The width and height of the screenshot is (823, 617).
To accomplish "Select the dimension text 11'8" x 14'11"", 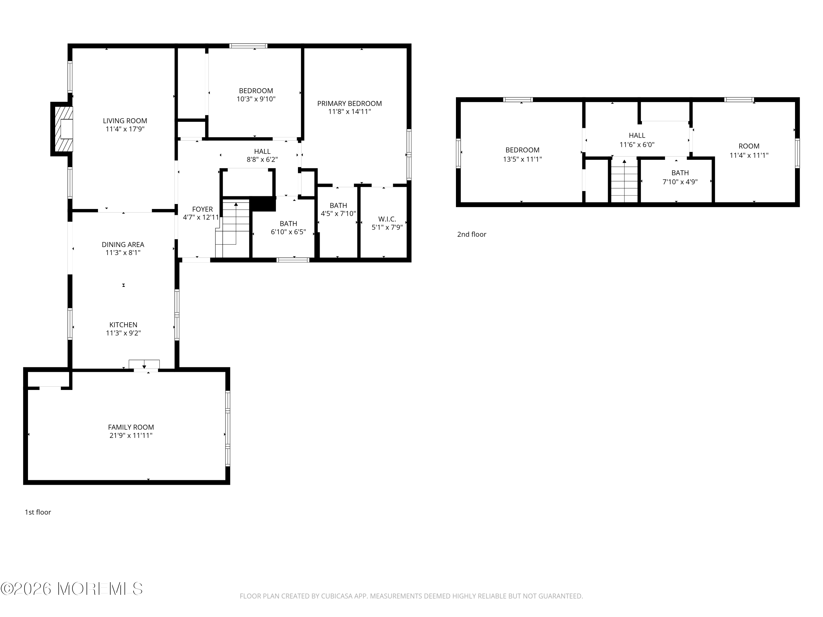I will pyautogui.click(x=350, y=112).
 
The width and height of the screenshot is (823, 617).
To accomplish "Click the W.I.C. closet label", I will pyautogui.click(x=387, y=219).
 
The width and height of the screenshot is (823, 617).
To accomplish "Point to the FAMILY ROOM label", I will pyautogui.click(x=131, y=427).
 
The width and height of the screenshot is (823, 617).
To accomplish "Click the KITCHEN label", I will pyautogui.click(x=123, y=325).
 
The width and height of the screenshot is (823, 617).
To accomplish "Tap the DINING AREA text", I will pyautogui.click(x=123, y=244).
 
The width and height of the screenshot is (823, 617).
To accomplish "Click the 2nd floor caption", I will pyautogui.click(x=471, y=234).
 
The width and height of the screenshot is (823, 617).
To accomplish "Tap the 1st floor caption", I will pyautogui.click(x=38, y=512).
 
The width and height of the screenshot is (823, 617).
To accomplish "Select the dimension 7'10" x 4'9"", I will pyautogui.click(x=680, y=182).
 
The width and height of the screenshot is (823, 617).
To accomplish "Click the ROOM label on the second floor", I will pyautogui.click(x=749, y=146).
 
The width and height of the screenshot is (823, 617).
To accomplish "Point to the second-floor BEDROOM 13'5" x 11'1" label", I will pyautogui.click(x=522, y=150).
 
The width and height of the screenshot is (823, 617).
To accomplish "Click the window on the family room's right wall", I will pyautogui.click(x=228, y=428).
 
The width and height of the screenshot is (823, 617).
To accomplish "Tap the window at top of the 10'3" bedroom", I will pyautogui.click(x=248, y=46).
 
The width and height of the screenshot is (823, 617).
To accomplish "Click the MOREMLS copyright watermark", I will pyautogui.click(x=71, y=589).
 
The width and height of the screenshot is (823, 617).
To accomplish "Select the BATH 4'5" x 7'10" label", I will pyautogui.click(x=338, y=205).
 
